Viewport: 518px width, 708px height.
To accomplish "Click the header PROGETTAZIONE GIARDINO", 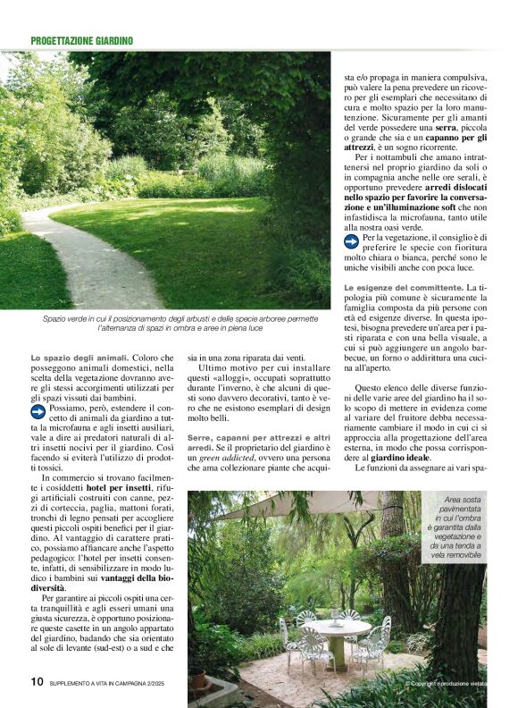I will [x=81, y=41].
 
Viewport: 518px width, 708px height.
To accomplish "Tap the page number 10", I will [x=37, y=681].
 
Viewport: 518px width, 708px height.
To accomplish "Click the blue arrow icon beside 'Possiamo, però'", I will [x=38, y=412].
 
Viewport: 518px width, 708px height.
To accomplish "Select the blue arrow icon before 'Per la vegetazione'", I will [x=351, y=240].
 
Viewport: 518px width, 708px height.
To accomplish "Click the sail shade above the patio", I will [x=295, y=506].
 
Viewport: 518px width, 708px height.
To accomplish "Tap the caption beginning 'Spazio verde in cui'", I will [x=180, y=324].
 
